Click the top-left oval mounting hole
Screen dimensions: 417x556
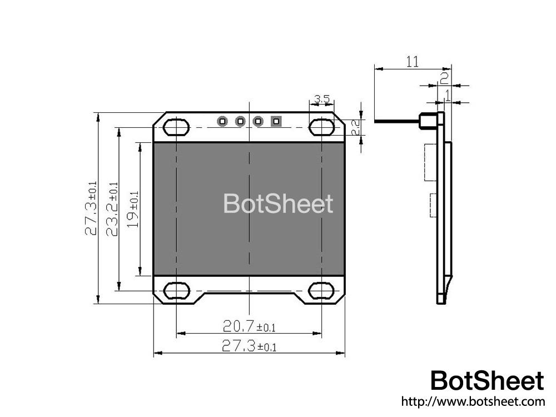coord(176,127)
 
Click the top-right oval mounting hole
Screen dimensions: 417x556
coord(322,127)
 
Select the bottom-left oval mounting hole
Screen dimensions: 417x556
coord(176,291)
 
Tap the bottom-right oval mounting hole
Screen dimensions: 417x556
coord(322,291)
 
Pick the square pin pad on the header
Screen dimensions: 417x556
coord(276,121)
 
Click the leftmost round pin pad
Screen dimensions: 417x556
coord(222,121)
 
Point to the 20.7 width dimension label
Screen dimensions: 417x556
coord(249,325)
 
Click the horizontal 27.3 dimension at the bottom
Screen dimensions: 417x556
coord(249,346)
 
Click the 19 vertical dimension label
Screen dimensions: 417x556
coord(132,209)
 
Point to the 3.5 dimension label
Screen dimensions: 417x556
coord(322,100)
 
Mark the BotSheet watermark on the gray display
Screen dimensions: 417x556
coord(278,204)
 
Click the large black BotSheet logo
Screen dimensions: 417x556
coord(488,381)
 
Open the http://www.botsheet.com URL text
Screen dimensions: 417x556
coord(473,401)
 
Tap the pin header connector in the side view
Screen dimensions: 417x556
coord(427,120)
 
